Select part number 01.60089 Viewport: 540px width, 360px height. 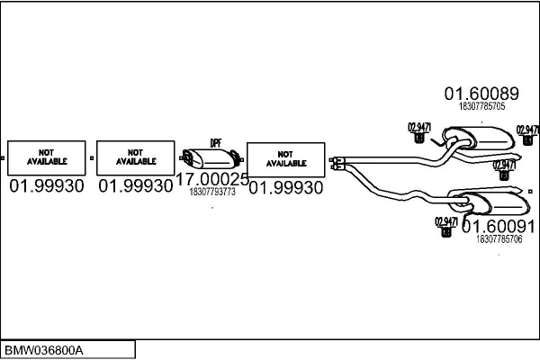[x=481, y=93]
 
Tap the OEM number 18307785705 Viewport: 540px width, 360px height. [x=481, y=106]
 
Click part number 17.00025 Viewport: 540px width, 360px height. [x=211, y=180]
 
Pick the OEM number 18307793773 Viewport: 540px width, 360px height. [x=212, y=192]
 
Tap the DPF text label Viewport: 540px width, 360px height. [x=215, y=143]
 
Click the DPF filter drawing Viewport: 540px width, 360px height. [x=206, y=158]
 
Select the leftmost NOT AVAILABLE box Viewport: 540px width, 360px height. [x=47, y=158]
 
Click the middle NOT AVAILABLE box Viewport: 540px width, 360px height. [x=135, y=158]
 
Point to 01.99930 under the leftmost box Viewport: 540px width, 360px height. [x=47, y=186]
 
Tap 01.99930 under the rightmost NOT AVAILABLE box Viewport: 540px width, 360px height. [x=285, y=187]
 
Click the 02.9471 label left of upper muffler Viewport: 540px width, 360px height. [x=418, y=125]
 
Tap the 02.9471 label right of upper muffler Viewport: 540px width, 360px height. [x=527, y=129]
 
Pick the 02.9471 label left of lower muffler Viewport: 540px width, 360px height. [x=445, y=221]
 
